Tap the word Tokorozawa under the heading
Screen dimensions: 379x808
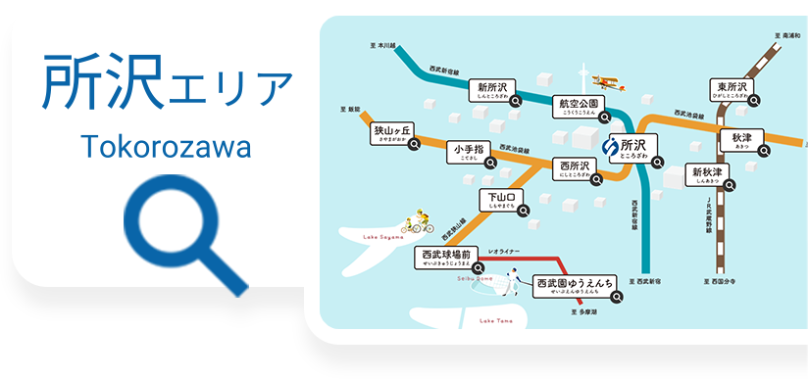(x=166, y=148)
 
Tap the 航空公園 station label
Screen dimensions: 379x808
(x=579, y=107)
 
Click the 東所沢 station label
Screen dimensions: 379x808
(x=732, y=91)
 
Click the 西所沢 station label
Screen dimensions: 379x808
(x=577, y=168)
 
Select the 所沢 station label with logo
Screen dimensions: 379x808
(x=629, y=148)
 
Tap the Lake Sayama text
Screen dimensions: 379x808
(x=384, y=237)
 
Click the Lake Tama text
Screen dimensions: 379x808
(x=495, y=320)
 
